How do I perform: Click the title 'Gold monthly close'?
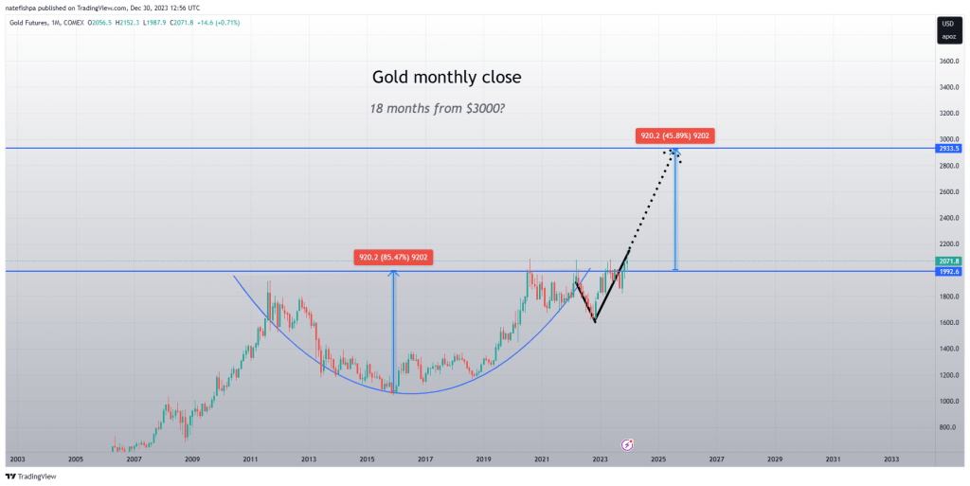point(446,77)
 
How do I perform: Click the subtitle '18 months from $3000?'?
point(437,108)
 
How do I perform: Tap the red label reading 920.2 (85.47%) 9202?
point(394,257)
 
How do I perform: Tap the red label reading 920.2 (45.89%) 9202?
point(676,135)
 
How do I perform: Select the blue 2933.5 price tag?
point(947,149)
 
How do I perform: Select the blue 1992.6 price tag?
point(947,271)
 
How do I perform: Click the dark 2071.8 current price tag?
point(947,261)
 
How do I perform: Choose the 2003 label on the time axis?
point(17,459)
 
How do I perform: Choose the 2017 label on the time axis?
point(425,459)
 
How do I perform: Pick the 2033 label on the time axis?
point(891,459)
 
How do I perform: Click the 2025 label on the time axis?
point(658,459)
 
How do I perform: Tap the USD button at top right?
point(946,23)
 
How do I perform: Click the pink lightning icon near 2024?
point(626,444)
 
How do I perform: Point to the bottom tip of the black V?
point(595,322)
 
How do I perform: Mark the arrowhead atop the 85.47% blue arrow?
point(394,274)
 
